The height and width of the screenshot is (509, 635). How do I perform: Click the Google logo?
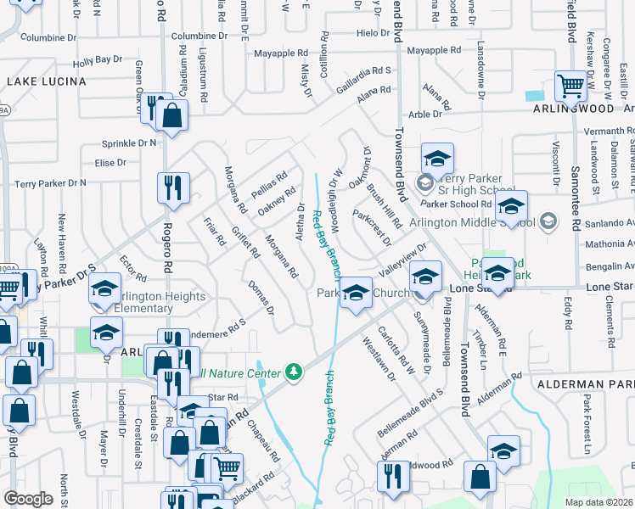[x=28, y=499]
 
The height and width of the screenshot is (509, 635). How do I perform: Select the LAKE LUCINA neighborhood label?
[x=47, y=81]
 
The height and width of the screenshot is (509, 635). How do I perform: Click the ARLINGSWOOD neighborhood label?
[x=573, y=109]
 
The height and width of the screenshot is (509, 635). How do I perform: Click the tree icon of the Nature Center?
[x=294, y=372]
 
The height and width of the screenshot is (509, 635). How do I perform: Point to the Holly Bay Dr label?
[x=98, y=61]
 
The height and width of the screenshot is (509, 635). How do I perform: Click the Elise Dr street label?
[x=110, y=162]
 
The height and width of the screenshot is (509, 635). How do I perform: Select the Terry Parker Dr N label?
[x=51, y=182]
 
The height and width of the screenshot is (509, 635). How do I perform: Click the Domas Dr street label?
[x=261, y=297]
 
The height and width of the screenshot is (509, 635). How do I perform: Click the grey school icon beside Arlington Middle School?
[x=548, y=222]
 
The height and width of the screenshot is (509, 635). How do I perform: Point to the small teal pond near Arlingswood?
[x=534, y=96]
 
